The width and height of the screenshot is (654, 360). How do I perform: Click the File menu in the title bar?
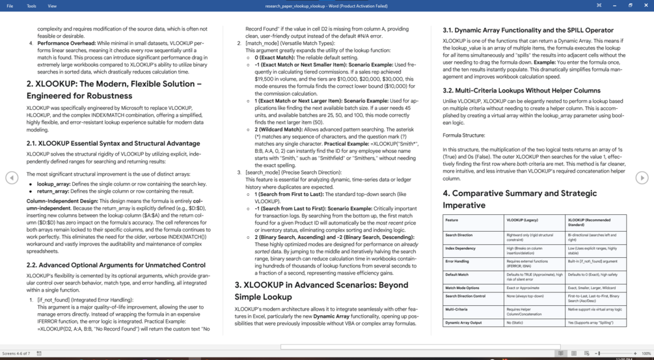(10, 6)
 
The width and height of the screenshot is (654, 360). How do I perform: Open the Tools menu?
(31, 6)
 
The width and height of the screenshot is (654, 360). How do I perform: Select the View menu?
(52, 6)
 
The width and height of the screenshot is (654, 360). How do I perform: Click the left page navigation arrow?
(12, 178)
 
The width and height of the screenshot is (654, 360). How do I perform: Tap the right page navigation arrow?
(642, 178)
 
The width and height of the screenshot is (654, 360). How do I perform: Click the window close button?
(646, 5)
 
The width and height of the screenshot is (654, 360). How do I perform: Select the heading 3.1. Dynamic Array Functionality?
(528, 30)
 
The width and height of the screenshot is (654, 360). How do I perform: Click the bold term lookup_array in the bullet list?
(54, 184)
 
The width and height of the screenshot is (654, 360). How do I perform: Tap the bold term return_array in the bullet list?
(53, 191)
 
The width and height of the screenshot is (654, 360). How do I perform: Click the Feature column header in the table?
(452, 220)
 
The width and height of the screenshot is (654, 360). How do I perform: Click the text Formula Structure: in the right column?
(463, 135)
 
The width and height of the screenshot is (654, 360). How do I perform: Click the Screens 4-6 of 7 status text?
(16, 353)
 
